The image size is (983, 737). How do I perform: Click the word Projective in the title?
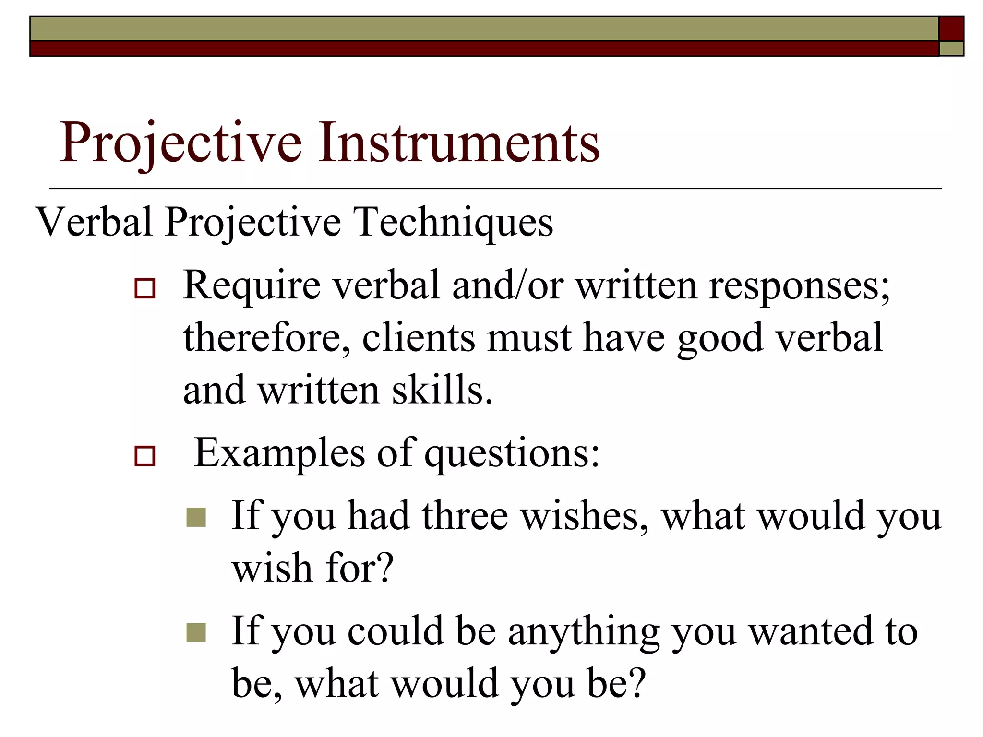[180, 143]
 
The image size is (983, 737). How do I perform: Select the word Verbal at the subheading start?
[95, 222]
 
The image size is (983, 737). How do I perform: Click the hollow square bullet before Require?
[145, 288]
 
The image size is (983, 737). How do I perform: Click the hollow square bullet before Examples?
[145, 456]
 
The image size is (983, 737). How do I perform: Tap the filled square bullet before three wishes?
[196, 517]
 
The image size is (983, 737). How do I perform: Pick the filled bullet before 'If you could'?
[196, 632]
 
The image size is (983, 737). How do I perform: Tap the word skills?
[442, 390]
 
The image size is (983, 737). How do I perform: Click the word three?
[465, 515]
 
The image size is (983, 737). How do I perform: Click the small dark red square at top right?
[951, 29]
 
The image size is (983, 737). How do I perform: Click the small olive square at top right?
[951, 48]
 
